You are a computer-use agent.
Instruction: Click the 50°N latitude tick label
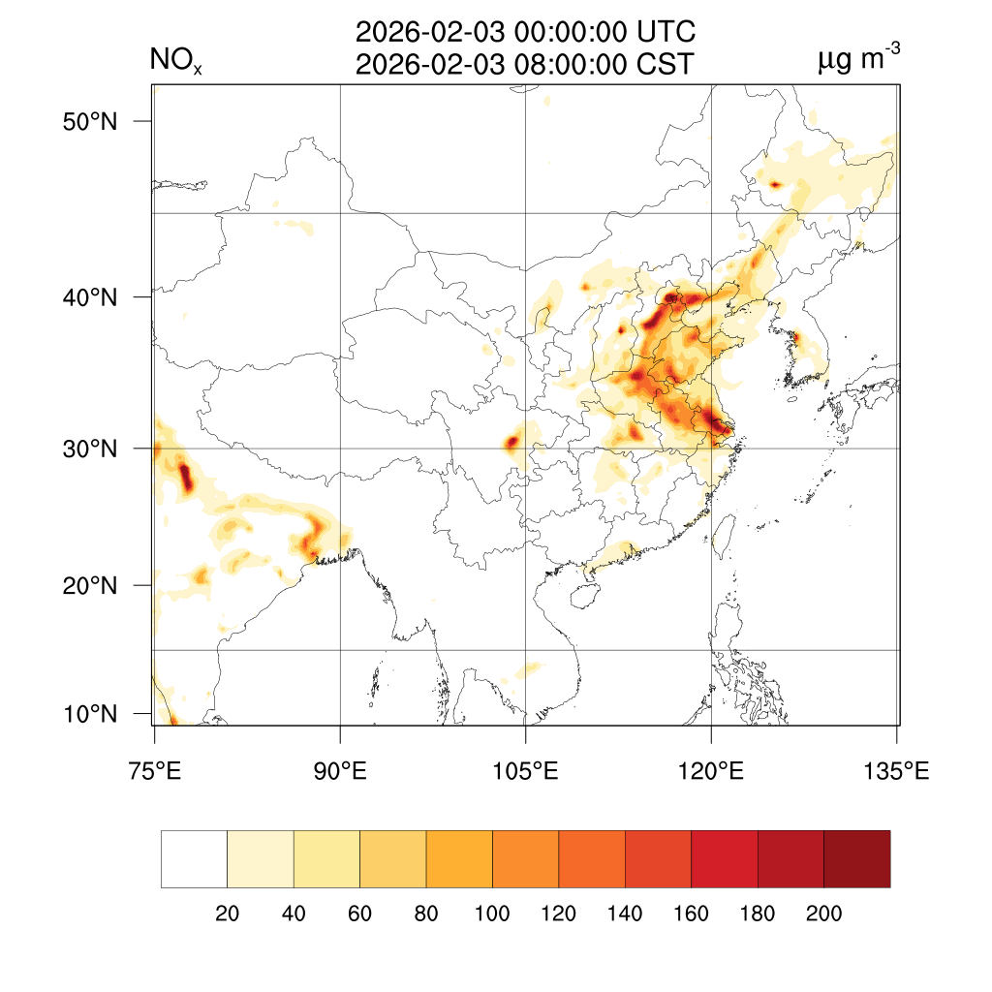(91, 122)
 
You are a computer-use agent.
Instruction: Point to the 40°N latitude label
(91, 297)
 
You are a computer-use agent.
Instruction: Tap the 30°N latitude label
(91, 449)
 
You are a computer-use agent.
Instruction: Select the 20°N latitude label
(91, 586)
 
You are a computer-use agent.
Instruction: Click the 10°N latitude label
(91, 715)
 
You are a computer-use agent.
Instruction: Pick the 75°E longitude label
(155, 772)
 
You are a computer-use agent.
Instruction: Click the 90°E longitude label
(340, 772)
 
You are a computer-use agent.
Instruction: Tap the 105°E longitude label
(525, 772)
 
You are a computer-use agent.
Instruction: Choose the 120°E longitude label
(711, 772)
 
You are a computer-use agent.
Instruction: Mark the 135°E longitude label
(896, 772)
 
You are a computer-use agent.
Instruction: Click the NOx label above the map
(174, 62)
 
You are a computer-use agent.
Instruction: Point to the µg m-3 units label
(858, 60)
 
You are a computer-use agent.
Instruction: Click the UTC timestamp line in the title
(525, 33)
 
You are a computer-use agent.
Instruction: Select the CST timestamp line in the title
(525, 65)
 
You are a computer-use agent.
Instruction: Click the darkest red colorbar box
(856, 859)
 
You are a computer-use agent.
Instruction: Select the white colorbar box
(194, 859)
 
